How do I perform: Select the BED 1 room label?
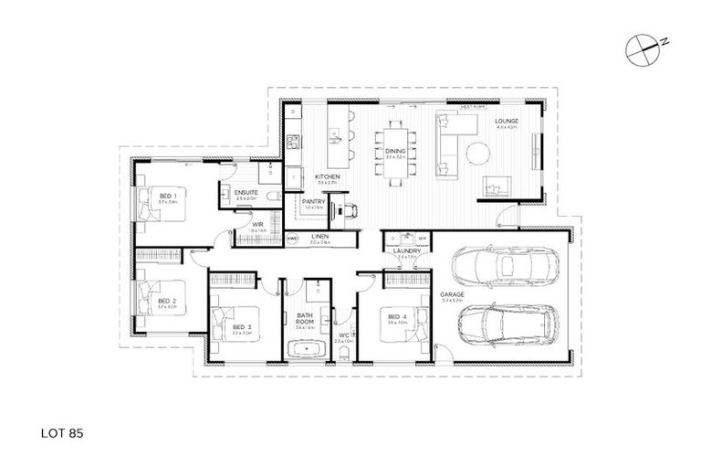tap(168, 196)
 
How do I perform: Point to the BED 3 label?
tap(240, 326)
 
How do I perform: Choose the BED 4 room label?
tap(394, 317)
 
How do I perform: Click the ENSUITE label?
tap(246, 192)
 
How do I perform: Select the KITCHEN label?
tap(328, 175)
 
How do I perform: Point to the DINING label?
tap(394, 151)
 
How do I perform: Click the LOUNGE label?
tap(506, 122)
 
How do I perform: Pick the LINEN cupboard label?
tap(319, 237)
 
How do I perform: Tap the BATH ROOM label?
tap(304, 319)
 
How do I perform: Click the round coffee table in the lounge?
tap(478, 153)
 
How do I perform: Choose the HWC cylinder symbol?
tap(293, 239)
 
